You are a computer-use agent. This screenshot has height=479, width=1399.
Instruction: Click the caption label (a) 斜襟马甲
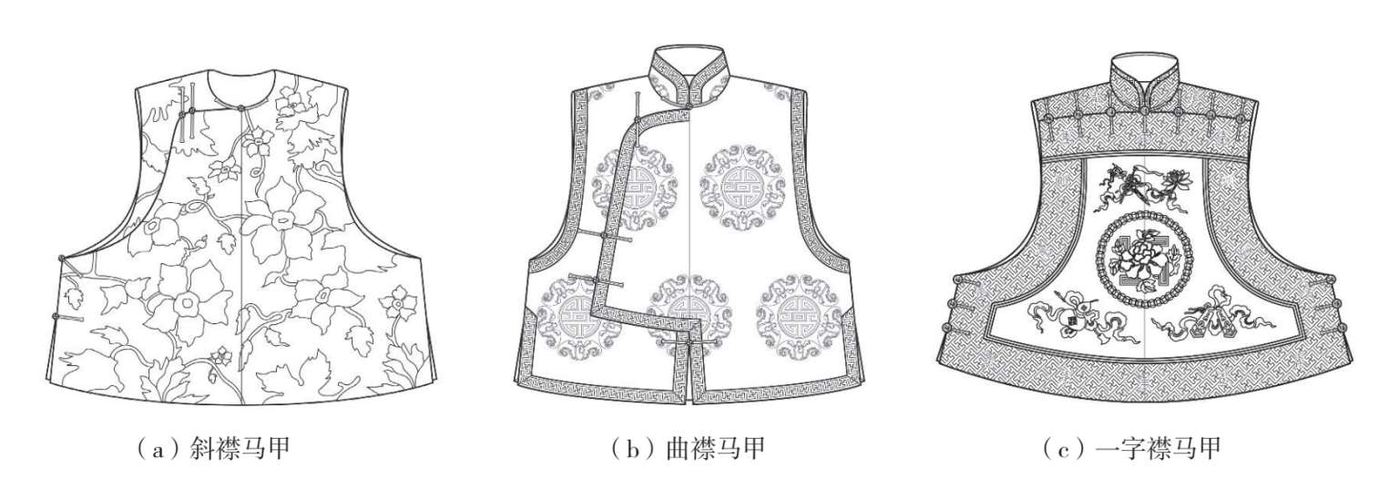pyautogui.click(x=212, y=447)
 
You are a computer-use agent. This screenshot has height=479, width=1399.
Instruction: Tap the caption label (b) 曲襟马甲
pyautogui.click(x=689, y=447)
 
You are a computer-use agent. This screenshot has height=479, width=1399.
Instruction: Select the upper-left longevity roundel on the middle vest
pyautogui.click(x=626, y=187)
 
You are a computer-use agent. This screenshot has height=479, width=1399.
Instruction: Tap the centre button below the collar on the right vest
pyautogui.click(x=1144, y=113)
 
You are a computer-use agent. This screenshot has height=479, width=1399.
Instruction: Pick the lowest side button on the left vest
pyautogui.click(x=56, y=317)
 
